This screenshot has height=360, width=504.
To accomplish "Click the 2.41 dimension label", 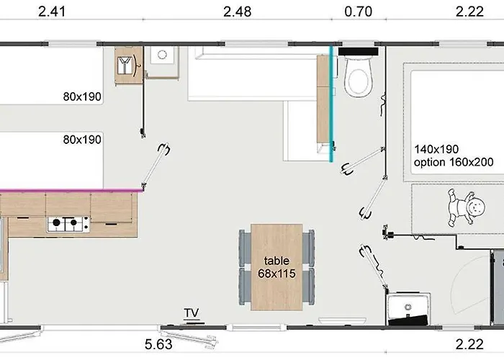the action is (52, 12).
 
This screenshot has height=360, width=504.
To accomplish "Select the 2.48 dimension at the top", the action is (237, 12).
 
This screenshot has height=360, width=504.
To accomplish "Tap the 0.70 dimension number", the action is (358, 12).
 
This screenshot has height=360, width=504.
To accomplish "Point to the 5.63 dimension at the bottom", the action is (158, 344).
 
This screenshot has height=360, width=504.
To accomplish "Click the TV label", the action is (192, 312).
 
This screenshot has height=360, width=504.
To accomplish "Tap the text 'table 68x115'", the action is (276, 267).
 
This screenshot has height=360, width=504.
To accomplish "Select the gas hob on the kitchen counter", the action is (68, 224).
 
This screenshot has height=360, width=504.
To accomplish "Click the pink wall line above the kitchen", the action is (71, 191).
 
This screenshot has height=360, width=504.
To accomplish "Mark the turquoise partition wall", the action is (331, 104).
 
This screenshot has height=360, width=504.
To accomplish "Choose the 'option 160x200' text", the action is (454, 162).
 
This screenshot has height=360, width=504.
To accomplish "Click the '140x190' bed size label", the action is (436, 149).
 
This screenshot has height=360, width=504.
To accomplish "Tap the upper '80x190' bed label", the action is (82, 96).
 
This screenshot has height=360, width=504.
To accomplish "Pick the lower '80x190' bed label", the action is (82, 140).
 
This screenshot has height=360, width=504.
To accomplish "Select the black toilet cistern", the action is (358, 51).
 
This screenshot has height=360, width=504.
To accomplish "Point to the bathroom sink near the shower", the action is (408, 307).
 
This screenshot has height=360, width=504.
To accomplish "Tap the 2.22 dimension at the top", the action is (469, 12).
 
